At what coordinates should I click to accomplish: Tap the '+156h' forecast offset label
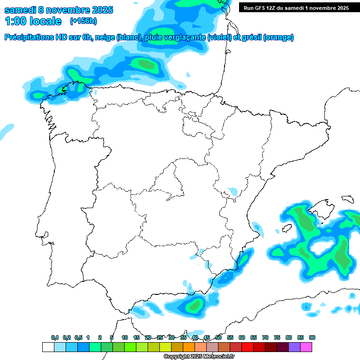coord(83,21)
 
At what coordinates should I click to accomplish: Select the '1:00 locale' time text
coord(33,21)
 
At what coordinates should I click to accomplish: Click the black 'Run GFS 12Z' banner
coord(296,7)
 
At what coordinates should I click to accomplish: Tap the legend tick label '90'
coord(312,337)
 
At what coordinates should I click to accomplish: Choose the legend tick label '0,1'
coord(55,337)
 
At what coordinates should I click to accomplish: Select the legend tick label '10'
coord(125,337)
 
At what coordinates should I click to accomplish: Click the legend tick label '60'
coord(242,337)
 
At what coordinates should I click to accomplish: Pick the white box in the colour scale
coord(48,347)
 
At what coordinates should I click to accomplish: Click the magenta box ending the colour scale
coord(306,347)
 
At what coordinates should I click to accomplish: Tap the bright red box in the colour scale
coord(247,347)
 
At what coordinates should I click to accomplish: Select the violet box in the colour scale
coord(294,347)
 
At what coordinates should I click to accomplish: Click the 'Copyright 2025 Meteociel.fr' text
coord(199,357)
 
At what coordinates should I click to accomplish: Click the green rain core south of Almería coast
coord(194,306)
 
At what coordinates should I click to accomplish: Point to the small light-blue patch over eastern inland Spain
coord(233,191)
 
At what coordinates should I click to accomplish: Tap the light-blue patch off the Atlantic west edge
coord(7,130)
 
